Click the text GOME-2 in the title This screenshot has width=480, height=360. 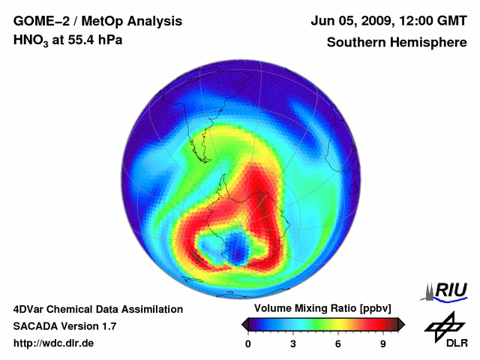pos(37,21)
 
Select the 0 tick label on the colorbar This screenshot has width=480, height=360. pos(248,344)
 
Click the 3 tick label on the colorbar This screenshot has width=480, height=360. pos(293,344)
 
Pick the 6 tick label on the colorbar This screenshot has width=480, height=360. pos(338,344)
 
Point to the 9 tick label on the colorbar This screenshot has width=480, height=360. pos(382,344)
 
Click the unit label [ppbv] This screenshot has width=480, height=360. pos(375,308)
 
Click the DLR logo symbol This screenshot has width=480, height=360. pos(443,325)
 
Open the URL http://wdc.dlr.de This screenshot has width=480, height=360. pos(54,343)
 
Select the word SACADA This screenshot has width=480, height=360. pos(37,326)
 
